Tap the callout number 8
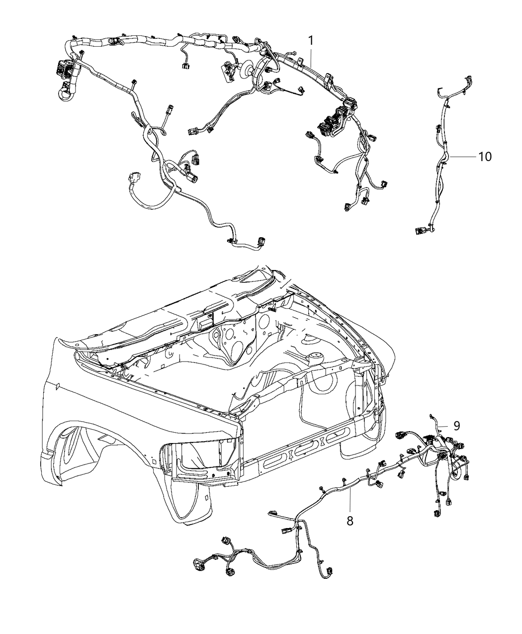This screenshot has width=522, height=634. [x=350, y=509]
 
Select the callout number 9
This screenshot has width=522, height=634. [x=456, y=426]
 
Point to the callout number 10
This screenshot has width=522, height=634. [x=485, y=157]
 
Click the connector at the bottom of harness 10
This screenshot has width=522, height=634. [x=421, y=230]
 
